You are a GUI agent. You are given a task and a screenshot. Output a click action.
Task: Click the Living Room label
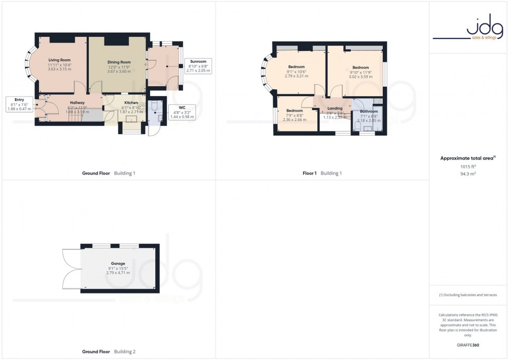pyautogui.click(x=59, y=60)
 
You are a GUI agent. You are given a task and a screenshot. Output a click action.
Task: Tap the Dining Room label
pyautogui.click(x=119, y=62)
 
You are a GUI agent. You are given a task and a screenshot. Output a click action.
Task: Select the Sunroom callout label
pyautogui.click(x=198, y=61)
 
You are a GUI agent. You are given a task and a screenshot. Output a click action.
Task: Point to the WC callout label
pyautogui.click(x=182, y=107)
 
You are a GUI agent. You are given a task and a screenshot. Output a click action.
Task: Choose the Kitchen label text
pyautogui.click(x=131, y=103)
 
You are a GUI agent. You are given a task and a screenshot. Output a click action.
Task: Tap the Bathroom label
pyautogui.click(x=369, y=111)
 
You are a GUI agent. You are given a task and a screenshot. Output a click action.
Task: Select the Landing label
pyautogui.click(x=334, y=109)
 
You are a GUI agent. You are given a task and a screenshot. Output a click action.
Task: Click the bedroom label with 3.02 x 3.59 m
pyautogui.click(x=360, y=68)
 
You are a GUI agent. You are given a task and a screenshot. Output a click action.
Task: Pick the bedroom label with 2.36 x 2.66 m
pyautogui.click(x=294, y=111)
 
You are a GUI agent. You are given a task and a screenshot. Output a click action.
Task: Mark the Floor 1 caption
pyautogui.click(x=310, y=173)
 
